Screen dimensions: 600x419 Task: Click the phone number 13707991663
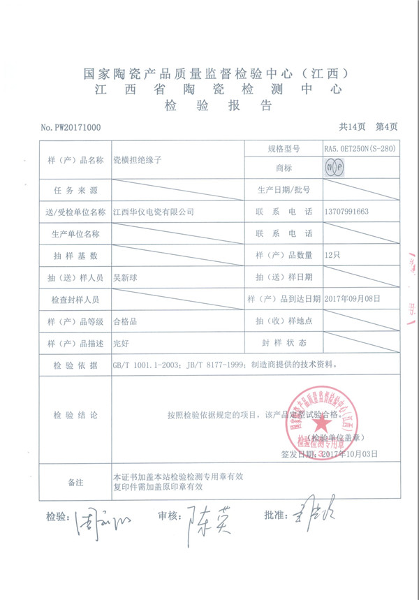point(346,211)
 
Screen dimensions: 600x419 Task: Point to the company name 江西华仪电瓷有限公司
point(154,211)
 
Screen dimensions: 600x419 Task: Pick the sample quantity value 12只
point(332,255)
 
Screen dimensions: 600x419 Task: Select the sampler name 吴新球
point(126,277)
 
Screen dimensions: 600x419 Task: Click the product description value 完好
point(122,343)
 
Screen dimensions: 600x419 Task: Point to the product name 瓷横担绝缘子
point(137,159)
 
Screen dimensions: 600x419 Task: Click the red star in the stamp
point(322,423)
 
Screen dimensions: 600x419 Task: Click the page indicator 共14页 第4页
point(367,127)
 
